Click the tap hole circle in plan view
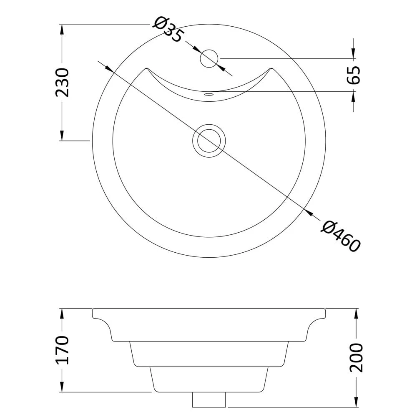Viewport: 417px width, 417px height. point(209,58)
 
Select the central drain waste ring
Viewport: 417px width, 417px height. point(209,141)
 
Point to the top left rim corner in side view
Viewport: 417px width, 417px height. point(93,309)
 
